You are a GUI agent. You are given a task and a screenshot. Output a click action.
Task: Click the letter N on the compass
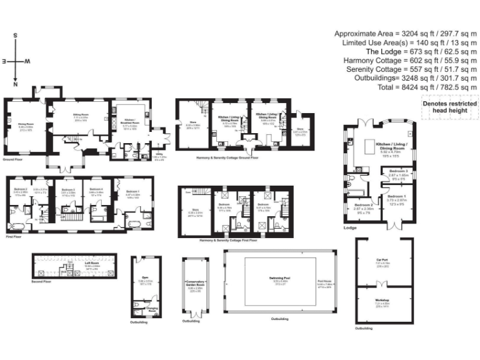[x=16, y=84]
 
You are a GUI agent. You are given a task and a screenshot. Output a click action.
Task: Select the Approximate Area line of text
[x=406, y=34]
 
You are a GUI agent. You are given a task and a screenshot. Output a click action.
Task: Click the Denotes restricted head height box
[x=449, y=107]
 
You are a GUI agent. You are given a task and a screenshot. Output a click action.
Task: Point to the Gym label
[x=144, y=277]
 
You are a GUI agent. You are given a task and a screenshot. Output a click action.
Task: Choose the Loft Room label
[x=93, y=263]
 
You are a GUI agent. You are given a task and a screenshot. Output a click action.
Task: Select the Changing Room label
[x=151, y=309]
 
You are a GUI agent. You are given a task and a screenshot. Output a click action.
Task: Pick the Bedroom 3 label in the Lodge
[x=398, y=171]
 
